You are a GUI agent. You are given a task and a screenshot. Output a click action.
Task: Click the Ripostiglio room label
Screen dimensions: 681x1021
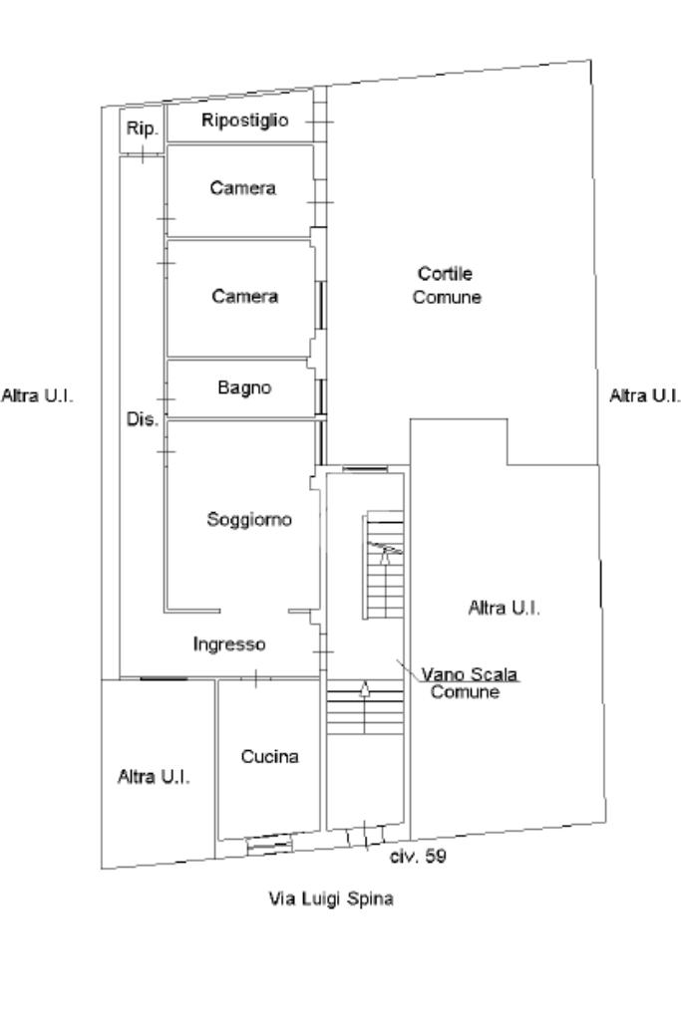pyautogui.click(x=245, y=122)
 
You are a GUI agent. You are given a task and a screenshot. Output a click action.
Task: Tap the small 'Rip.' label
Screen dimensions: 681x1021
pyautogui.click(x=137, y=128)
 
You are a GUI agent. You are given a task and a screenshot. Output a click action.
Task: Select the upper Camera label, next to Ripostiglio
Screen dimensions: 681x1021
pyautogui.click(x=242, y=189)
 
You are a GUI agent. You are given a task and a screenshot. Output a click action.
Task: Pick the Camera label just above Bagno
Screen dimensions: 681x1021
pyautogui.click(x=244, y=296)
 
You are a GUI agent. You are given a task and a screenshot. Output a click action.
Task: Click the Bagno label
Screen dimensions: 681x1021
pyautogui.click(x=244, y=388)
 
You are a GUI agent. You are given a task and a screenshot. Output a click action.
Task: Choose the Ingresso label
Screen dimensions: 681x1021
pyautogui.click(x=229, y=644)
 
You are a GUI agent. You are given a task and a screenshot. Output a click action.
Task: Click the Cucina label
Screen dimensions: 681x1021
pyautogui.click(x=269, y=757)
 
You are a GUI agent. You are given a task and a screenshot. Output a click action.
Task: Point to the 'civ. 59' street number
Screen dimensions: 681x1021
pyautogui.click(x=418, y=857)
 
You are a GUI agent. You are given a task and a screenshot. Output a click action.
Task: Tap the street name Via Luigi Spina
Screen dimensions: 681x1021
pyautogui.click(x=331, y=899)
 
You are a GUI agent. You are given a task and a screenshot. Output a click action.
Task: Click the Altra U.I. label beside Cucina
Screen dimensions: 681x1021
pyautogui.click(x=155, y=777)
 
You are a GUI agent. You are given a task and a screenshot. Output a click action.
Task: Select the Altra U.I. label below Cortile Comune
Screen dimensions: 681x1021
pyautogui.click(x=504, y=609)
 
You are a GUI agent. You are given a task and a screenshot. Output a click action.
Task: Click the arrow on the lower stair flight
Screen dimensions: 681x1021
pyautogui.click(x=365, y=687)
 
